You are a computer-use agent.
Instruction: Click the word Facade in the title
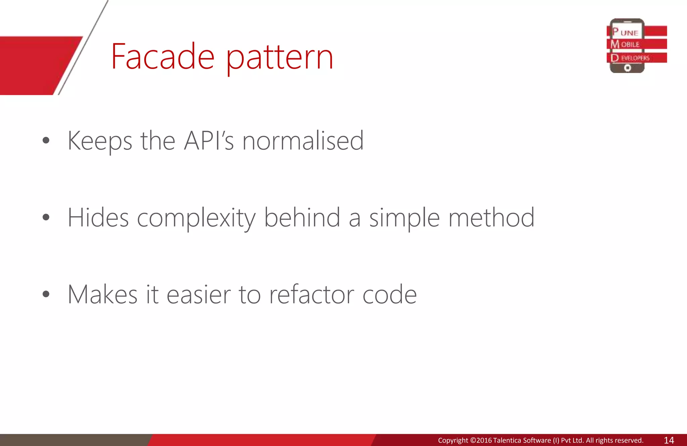coord(163,57)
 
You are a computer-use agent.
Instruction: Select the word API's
coord(209,141)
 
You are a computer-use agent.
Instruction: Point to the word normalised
coord(303,141)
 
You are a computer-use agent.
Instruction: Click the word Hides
coord(98,218)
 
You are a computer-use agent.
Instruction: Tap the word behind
coord(302,218)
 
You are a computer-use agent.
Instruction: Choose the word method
coord(491,218)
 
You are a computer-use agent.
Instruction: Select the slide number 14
coord(669,440)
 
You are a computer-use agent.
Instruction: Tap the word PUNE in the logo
coord(625,32)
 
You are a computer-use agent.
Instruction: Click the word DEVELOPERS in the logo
coord(631,58)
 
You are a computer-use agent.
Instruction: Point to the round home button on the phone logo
coord(627,68)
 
